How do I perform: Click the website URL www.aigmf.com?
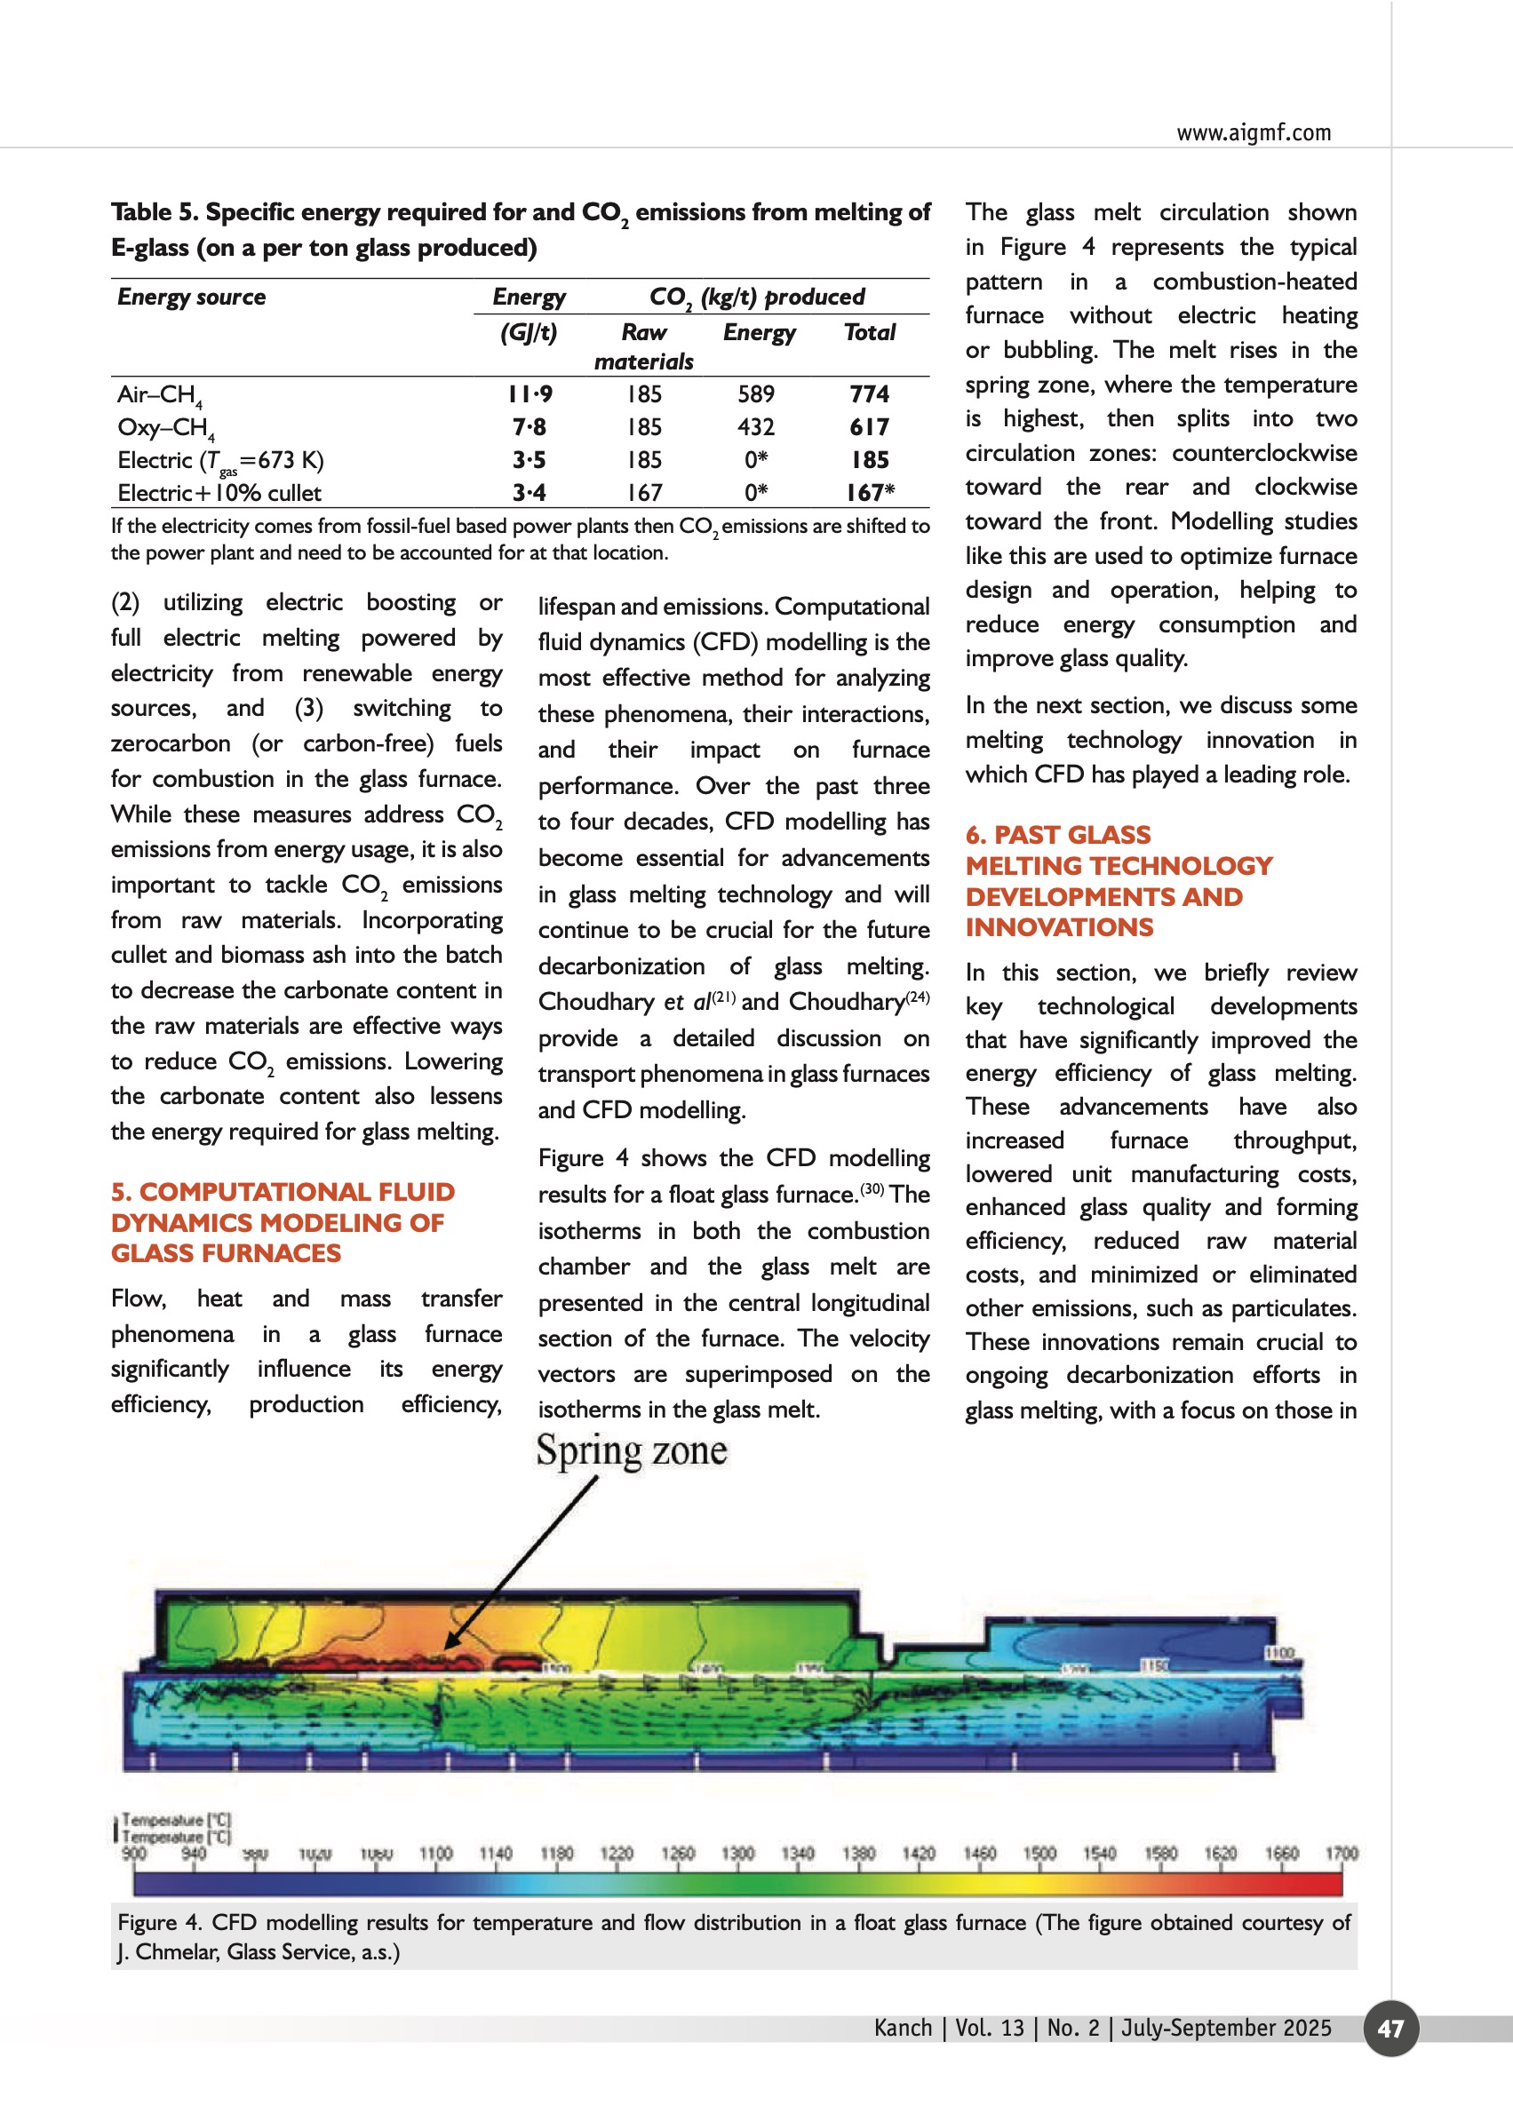1253,133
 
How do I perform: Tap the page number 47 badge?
1390,2028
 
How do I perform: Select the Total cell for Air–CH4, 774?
869,394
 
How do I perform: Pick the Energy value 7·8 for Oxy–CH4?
530,427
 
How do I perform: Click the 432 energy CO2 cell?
755,427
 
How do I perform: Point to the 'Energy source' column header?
191,298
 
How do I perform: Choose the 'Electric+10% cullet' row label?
219,493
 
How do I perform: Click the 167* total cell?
870,493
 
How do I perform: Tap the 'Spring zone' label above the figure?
631,1450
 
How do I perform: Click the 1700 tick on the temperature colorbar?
1341,1854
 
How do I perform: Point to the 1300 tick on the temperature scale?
737,1854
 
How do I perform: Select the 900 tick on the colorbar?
134,1854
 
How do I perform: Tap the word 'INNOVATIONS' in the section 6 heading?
1059,928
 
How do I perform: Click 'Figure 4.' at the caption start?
159,1923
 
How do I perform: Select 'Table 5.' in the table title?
155,212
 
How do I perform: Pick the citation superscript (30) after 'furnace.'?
872,1188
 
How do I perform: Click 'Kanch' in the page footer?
903,2028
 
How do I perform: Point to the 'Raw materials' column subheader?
644,346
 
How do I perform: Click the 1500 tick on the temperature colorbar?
1039,1854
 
